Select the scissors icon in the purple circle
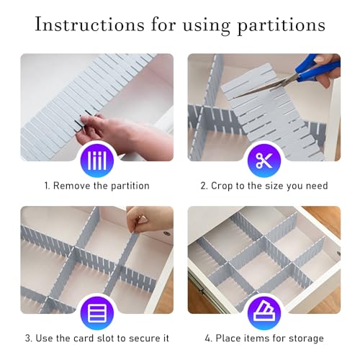click(x=264, y=160)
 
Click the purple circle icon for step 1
click(x=96, y=160)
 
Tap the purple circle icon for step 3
click(x=96, y=312)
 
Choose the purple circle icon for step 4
click(x=264, y=312)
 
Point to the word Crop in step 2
click(x=225, y=186)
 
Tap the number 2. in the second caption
click(x=204, y=186)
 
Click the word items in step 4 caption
click(x=256, y=338)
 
